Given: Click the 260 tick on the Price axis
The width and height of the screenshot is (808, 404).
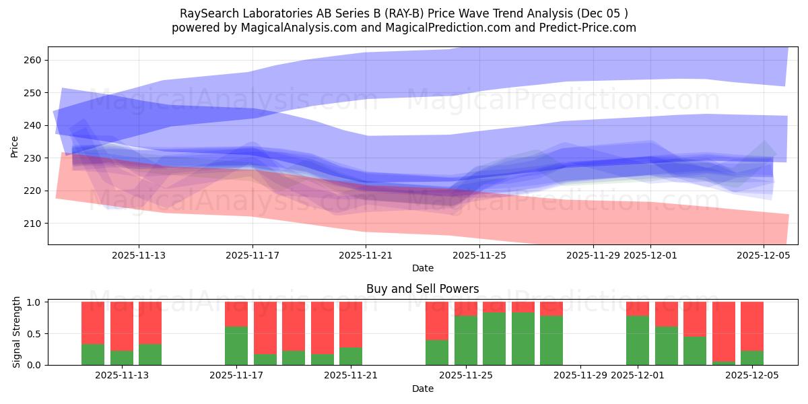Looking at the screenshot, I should (x=33, y=60).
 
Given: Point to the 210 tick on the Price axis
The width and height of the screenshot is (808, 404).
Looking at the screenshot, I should (x=33, y=224).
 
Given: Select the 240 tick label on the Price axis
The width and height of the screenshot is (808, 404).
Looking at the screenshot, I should (x=33, y=125).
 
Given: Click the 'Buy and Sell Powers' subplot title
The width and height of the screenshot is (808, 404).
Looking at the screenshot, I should (x=422, y=289).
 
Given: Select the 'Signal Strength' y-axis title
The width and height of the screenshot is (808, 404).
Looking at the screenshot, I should (x=17, y=333).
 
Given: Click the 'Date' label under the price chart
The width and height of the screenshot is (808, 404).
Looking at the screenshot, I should (x=422, y=268).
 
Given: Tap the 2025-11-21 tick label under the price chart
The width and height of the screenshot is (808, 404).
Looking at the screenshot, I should (x=366, y=255).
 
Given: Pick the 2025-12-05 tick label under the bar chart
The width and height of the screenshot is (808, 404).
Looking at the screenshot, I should (x=751, y=376).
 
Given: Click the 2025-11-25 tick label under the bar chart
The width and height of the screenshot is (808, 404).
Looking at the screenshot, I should (x=466, y=376).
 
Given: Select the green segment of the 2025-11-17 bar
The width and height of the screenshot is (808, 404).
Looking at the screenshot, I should (x=236, y=345).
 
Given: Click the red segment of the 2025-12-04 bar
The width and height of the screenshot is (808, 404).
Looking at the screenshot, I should (x=723, y=331).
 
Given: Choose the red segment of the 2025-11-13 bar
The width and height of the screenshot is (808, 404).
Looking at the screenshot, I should (x=122, y=326).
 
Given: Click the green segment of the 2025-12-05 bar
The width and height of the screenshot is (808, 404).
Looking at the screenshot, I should (x=751, y=358).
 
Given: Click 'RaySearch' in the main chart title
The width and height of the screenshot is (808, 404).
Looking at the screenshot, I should (x=206, y=13).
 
